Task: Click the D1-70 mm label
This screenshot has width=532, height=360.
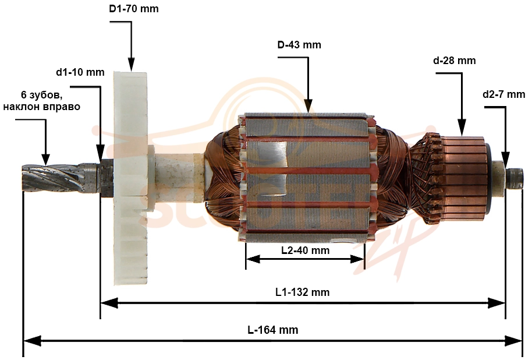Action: click(x=134, y=9)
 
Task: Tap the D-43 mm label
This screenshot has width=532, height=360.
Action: click(x=299, y=45)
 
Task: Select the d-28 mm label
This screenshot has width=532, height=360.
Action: click(x=455, y=61)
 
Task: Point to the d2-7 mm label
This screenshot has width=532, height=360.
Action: click(x=503, y=94)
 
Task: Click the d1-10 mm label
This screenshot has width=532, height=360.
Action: click(x=80, y=72)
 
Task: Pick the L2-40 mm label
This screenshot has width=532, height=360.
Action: click(x=306, y=250)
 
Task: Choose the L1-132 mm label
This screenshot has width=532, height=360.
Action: click(x=302, y=292)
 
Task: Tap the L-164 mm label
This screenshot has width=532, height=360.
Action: click(x=273, y=330)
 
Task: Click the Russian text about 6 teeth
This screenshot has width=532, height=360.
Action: click(x=42, y=101)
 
